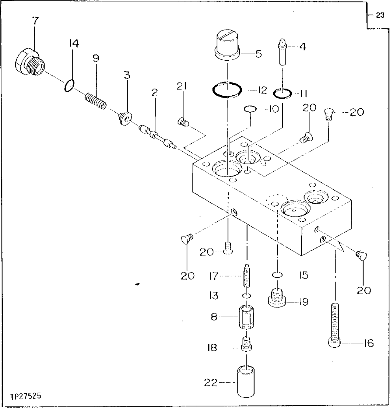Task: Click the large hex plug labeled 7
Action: [x=29, y=63]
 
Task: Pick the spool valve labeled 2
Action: [x=156, y=136]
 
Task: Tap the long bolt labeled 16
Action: [x=335, y=325]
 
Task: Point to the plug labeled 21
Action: [x=183, y=122]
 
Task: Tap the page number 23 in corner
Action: [x=379, y=16]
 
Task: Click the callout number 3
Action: [x=127, y=75]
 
